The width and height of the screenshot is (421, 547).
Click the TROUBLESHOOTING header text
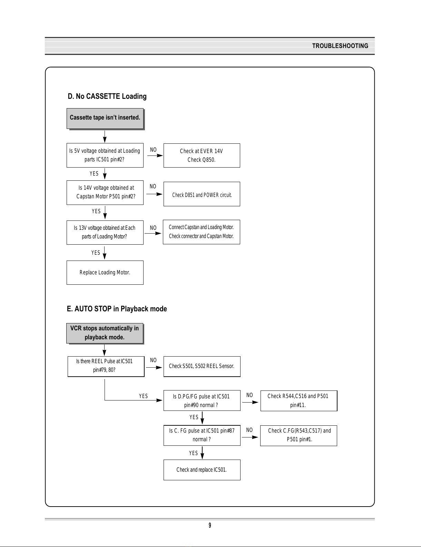[x=340, y=46]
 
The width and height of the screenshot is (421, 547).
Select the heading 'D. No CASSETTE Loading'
[x=107, y=96]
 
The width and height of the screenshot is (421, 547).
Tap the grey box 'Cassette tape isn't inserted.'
[x=105, y=119]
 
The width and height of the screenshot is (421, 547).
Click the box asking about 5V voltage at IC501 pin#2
[x=105, y=155]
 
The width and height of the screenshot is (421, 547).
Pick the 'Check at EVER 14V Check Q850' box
[x=202, y=155]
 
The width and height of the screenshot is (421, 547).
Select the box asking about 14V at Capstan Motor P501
[x=105, y=192]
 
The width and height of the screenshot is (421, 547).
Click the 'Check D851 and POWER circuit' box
[x=202, y=194]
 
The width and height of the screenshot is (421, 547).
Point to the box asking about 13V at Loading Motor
[x=105, y=232]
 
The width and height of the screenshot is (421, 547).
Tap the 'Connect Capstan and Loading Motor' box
[x=202, y=232]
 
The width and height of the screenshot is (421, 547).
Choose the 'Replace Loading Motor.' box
[x=105, y=273]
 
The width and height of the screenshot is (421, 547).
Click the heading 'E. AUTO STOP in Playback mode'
[x=117, y=309]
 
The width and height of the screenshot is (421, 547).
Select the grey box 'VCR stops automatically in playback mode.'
[x=105, y=333]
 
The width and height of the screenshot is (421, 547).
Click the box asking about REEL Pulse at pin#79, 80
[x=106, y=367]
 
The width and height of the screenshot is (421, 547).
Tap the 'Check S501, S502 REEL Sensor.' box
[x=202, y=367]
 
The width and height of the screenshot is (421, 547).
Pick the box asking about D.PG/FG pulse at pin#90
[x=202, y=400]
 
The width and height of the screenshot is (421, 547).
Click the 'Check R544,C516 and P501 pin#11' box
[x=299, y=401]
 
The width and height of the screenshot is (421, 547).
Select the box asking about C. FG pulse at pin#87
[x=202, y=435]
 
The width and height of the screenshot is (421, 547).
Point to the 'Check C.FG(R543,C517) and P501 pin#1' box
[x=298, y=436]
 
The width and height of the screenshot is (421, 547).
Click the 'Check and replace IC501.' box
[x=202, y=470]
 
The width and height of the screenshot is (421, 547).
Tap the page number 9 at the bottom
[x=210, y=525]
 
